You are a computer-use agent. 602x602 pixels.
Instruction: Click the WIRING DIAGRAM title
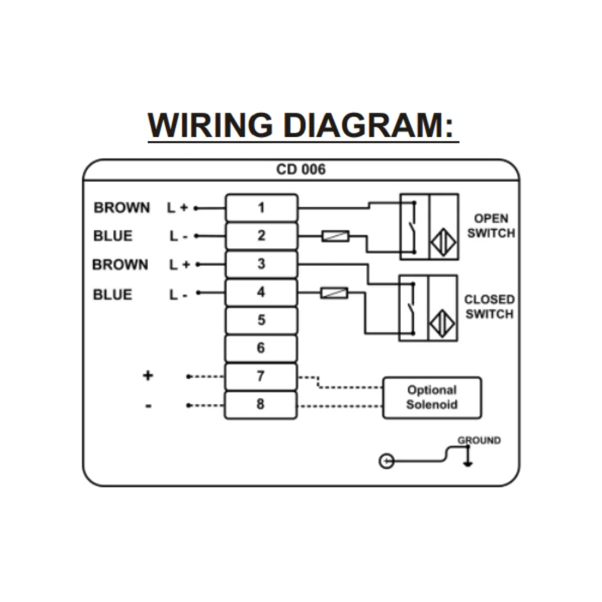click(303, 125)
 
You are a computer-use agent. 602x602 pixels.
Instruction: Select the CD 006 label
click(300, 169)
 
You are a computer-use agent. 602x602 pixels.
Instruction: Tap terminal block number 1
click(261, 208)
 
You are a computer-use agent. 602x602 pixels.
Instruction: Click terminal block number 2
click(261, 235)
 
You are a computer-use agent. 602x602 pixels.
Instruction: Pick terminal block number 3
click(261, 264)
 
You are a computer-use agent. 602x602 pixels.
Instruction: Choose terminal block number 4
click(261, 292)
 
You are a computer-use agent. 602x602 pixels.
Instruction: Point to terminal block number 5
click(261, 320)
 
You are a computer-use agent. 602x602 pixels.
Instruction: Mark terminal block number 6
click(261, 348)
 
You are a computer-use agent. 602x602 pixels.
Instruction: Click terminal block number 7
click(261, 376)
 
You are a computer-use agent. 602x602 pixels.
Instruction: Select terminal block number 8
click(261, 404)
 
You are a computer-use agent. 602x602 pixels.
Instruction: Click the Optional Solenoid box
click(432, 397)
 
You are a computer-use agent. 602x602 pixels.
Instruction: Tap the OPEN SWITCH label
click(491, 226)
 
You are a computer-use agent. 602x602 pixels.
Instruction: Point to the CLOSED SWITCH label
click(489, 306)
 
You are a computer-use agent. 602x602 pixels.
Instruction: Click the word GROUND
click(479, 441)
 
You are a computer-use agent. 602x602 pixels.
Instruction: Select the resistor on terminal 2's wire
click(335, 237)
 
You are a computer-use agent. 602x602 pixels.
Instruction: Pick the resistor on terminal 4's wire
click(334, 293)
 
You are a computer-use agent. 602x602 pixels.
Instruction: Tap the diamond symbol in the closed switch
click(442, 324)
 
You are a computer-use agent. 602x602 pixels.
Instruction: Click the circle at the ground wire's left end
click(386, 462)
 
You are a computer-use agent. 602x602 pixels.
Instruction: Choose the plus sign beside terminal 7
click(147, 376)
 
